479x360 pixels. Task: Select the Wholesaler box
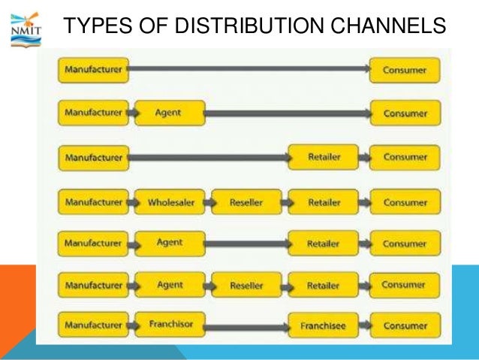point(169,202)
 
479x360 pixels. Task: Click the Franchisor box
point(169,325)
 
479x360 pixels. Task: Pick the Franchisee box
point(322,326)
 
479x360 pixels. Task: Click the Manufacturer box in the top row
point(93,71)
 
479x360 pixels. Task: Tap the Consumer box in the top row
point(405,71)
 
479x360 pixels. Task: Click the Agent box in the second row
point(169,113)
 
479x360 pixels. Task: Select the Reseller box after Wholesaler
point(246,202)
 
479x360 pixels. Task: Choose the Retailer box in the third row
point(323,157)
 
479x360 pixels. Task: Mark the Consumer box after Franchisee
point(405,326)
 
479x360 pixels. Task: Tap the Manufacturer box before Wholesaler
point(93,202)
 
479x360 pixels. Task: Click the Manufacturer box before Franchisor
point(93,325)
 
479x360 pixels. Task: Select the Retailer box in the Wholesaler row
point(323,202)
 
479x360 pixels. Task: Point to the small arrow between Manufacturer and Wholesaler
point(132,202)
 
